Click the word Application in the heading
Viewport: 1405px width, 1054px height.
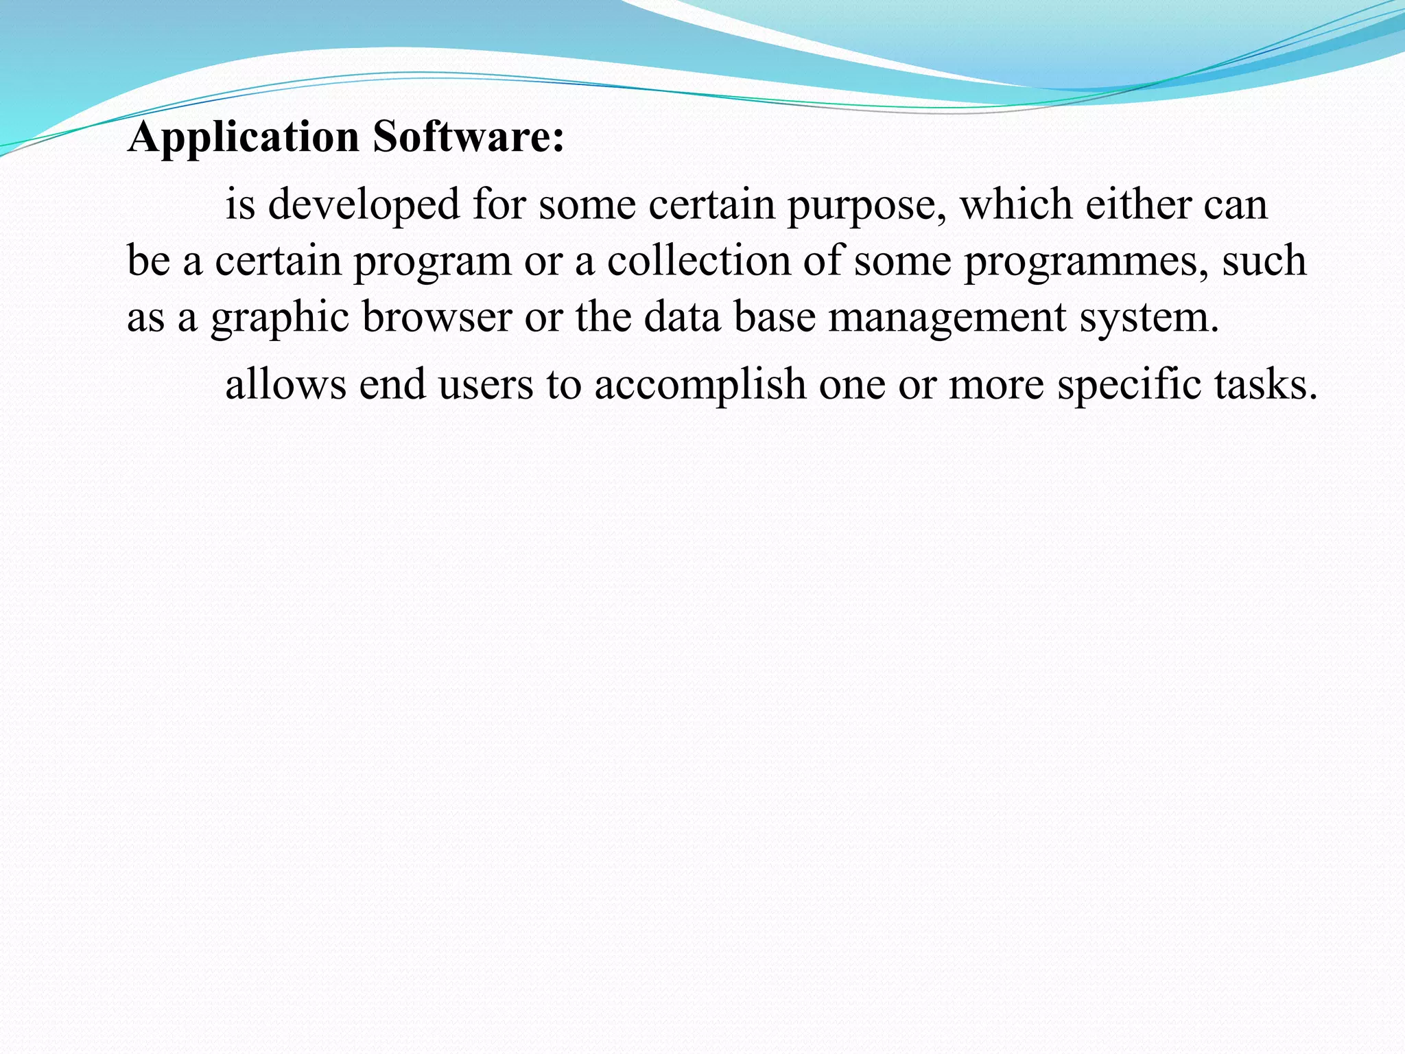click(x=244, y=137)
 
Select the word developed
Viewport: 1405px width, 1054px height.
click(x=364, y=204)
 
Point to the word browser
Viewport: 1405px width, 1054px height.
click(x=437, y=317)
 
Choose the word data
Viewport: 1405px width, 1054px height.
click(x=682, y=317)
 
